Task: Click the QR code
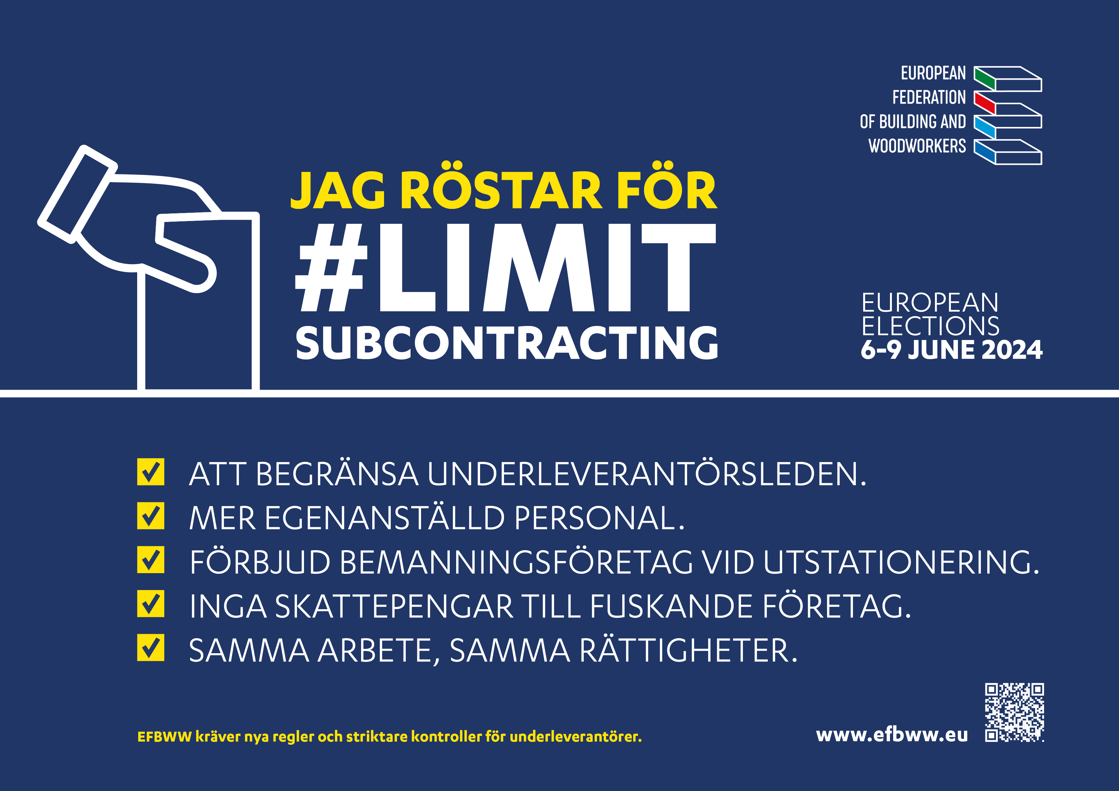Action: click(x=1014, y=712)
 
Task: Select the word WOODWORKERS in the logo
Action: click(x=917, y=146)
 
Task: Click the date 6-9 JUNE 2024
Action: click(x=951, y=350)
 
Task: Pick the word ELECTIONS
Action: click(x=930, y=326)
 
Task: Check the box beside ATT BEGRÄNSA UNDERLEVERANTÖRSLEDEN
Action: click(x=151, y=472)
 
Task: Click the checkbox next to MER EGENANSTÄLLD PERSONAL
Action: click(x=151, y=516)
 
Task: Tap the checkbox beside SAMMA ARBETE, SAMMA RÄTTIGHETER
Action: click(x=151, y=648)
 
